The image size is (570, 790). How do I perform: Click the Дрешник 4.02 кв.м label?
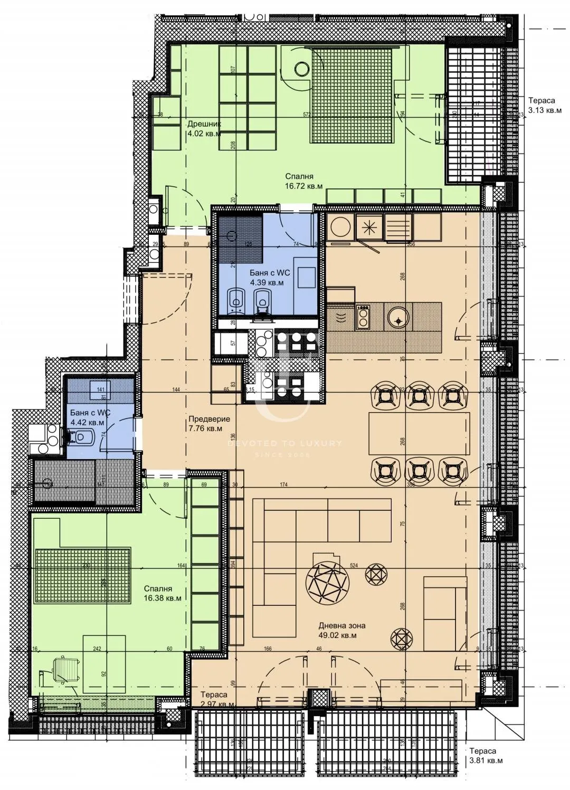click(204, 128)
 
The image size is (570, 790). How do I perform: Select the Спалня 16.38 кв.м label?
click(163, 593)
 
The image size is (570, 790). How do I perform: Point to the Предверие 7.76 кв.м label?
click(209, 424)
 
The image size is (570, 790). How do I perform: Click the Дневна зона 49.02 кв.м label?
click(341, 630)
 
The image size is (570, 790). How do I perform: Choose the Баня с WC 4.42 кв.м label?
click(88, 417)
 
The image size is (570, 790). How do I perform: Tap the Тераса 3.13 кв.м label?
click(545, 105)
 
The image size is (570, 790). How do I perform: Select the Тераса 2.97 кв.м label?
click(217, 700)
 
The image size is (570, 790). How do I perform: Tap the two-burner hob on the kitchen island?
click(363, 316)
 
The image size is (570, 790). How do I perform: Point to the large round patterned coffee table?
click(327, 584)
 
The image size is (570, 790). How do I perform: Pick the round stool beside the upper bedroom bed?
click(302, 69)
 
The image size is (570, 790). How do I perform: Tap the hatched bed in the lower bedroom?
click(82, 575)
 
